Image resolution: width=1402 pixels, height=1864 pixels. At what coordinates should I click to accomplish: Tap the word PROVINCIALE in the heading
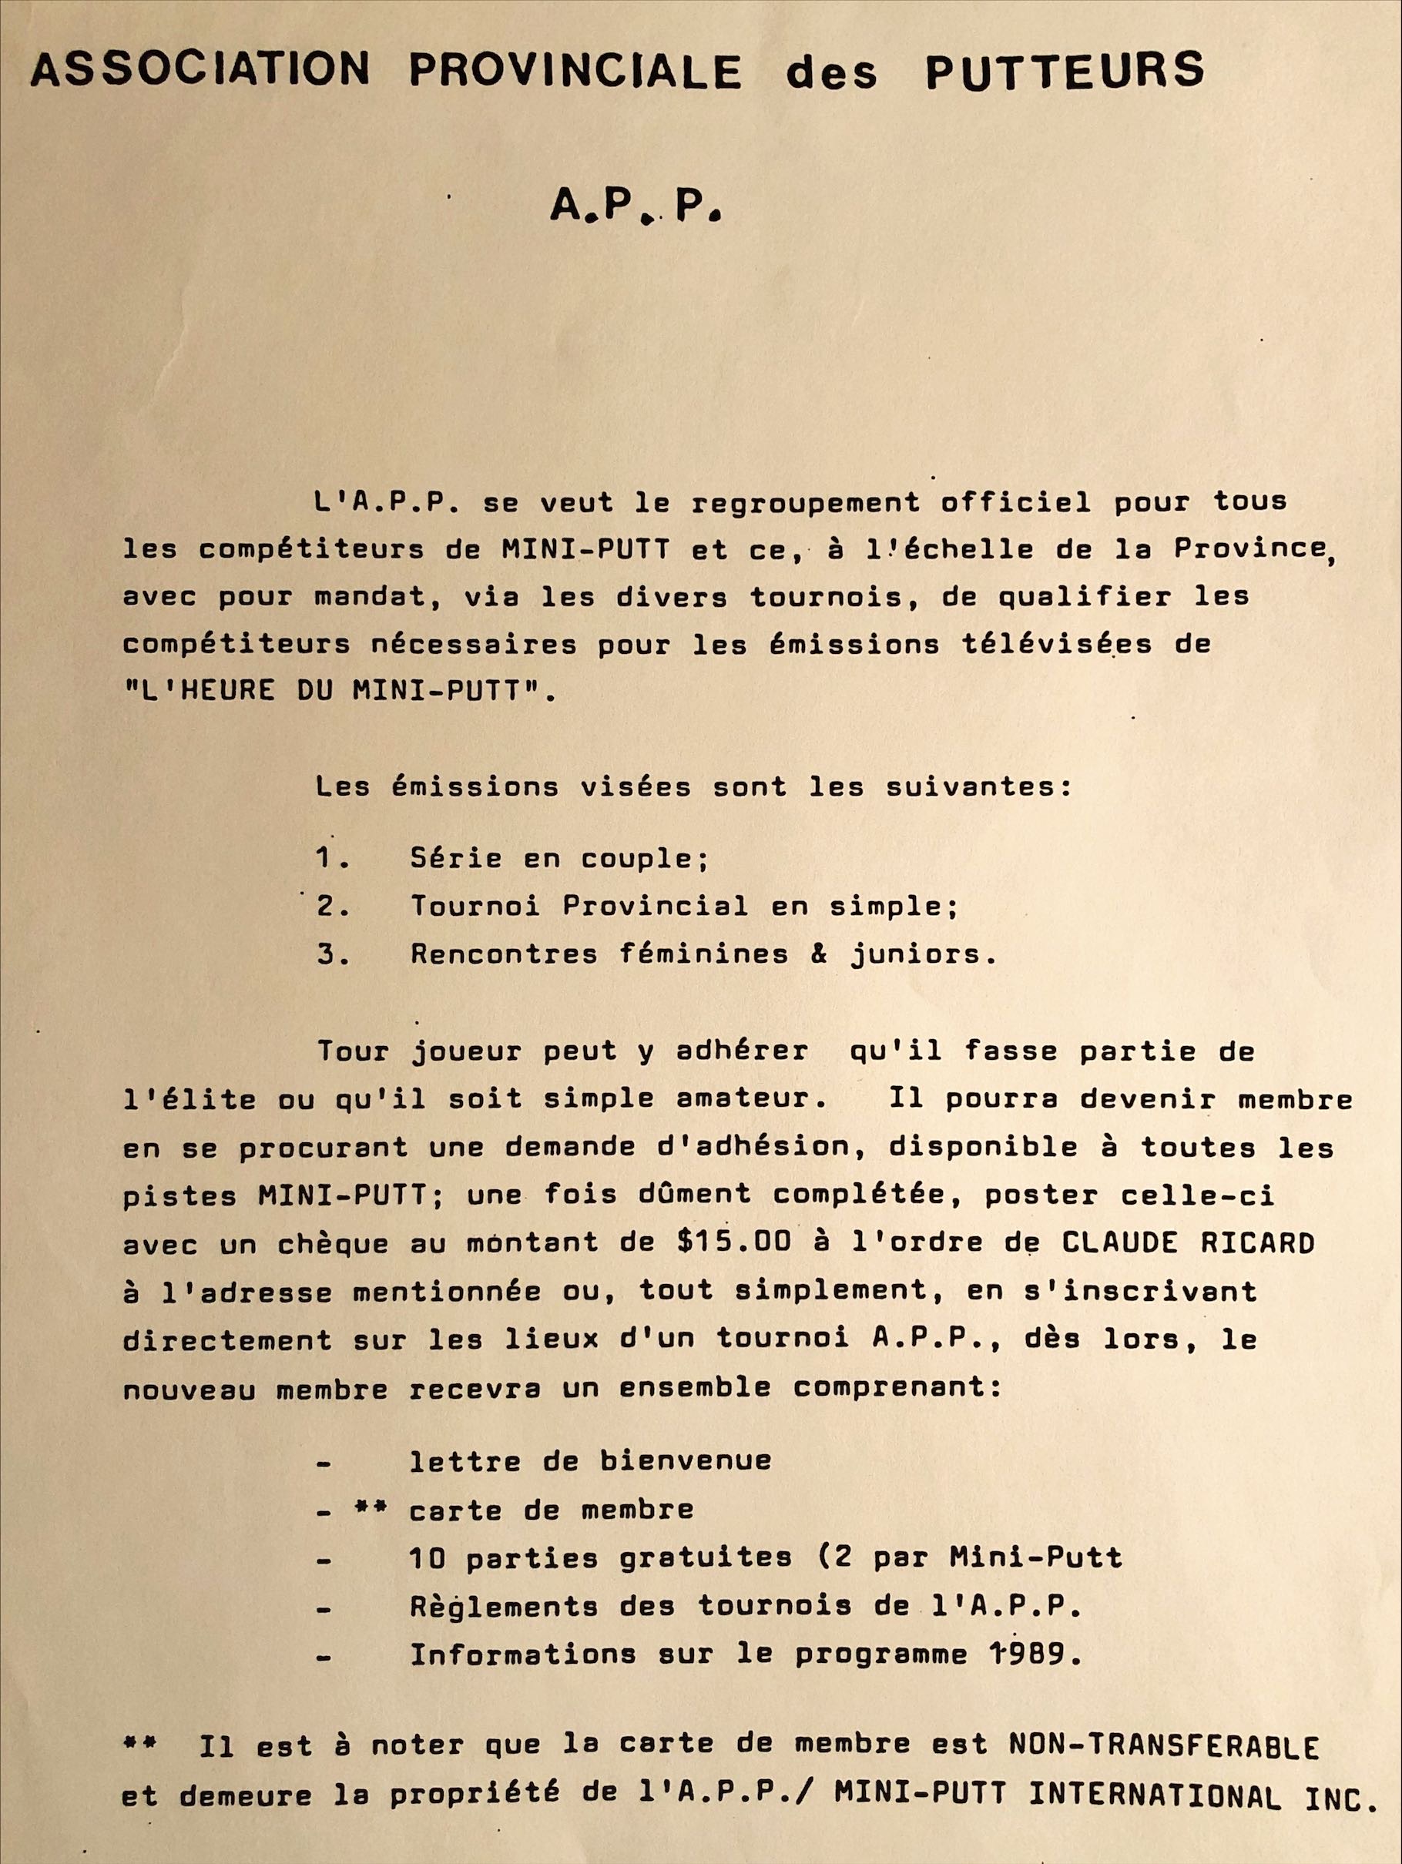(x=575, y=71)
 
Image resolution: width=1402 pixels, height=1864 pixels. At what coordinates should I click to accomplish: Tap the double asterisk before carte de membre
(x=369, y=1509)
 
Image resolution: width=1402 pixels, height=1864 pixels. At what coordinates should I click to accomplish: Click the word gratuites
(x=703, y=1557)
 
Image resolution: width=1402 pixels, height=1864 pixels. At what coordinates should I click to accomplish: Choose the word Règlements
(x=503, y=1606)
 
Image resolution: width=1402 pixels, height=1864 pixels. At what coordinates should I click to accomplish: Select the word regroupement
(x=805, y=502)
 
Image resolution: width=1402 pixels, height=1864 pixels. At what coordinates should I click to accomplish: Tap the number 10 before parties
(x=428, y=1557)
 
